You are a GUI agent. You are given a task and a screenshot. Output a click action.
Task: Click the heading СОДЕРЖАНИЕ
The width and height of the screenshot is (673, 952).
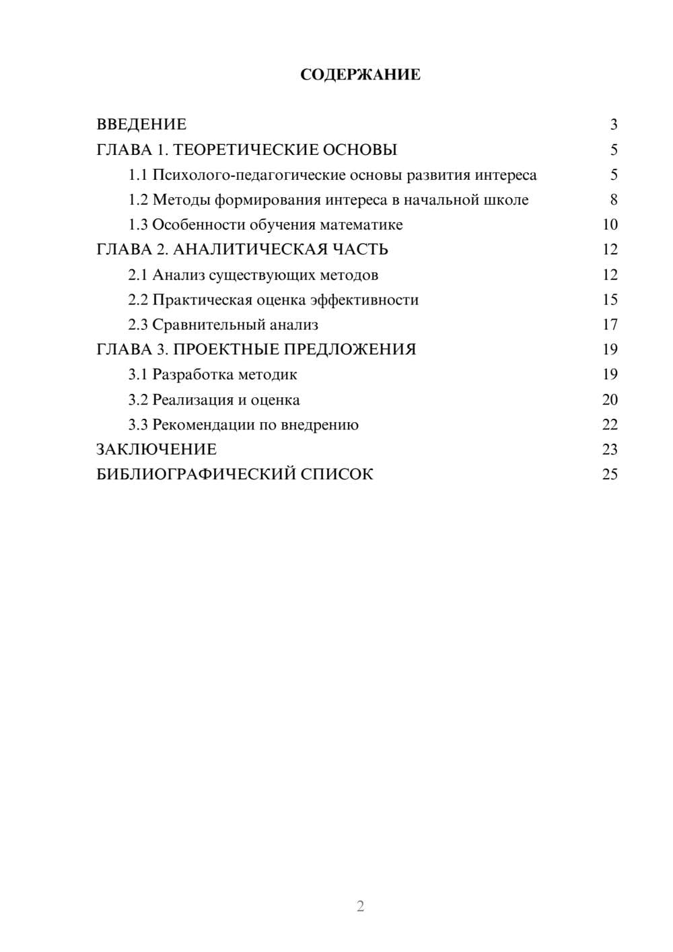tap(360, 75)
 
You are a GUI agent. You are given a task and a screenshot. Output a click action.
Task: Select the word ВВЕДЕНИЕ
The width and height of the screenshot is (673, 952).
tap(141, 125)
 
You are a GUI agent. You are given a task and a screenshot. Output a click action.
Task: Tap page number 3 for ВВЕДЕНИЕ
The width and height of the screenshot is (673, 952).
tap(613, 125)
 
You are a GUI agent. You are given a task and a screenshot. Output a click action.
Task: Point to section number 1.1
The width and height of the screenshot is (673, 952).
tap(138, 175)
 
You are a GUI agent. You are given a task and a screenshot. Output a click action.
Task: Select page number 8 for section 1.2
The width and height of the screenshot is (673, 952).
tap(613, 200)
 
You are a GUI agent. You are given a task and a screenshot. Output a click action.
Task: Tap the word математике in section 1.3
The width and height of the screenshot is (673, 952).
tap(361, 225)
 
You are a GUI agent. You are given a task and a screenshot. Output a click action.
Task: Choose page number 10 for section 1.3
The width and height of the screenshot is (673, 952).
tap(610, 225)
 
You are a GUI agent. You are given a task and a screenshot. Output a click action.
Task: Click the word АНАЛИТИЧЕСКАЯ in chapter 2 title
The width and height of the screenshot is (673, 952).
tap(251, 250)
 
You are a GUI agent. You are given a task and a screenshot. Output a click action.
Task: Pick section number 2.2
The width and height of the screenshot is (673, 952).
tap(138, 300)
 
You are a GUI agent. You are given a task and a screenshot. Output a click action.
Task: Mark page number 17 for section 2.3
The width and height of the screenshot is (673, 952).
tap(610, 325)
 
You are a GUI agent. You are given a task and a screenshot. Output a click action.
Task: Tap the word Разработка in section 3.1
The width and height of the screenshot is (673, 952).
tap(191, 374)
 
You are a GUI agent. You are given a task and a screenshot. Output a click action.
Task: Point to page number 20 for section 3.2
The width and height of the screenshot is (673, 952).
tap(610, 400)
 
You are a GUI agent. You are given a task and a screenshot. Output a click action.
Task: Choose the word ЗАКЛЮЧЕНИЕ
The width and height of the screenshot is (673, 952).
tap(157, 449)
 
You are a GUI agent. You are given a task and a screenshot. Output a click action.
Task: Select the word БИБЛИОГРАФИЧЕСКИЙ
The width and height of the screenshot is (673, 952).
tap(196, 474)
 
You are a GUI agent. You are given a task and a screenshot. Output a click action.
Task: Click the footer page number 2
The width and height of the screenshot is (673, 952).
tap(360, 906)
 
